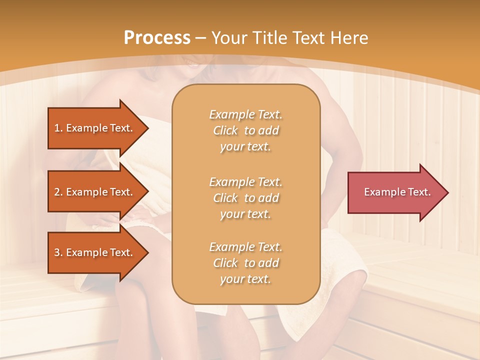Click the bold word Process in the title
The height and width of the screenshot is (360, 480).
point(157,37)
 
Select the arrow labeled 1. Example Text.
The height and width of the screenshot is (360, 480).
point(95,128)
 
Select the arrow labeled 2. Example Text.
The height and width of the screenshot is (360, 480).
point(95,192)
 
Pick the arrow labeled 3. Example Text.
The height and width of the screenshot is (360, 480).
point(95,252)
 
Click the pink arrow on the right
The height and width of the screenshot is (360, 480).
point(395,192)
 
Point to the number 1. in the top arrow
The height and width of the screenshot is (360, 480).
point(58,128)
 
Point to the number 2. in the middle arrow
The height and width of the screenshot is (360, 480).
point(58,192)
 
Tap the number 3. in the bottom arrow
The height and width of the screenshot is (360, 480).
point(58,252)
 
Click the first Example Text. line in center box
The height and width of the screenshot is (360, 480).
point(246,114)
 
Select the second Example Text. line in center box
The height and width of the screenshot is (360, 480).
point(246,181)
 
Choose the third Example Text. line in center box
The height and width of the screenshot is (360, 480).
point(246,246)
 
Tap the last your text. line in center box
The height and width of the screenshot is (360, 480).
point(245,279)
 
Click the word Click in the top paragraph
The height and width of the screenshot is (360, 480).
point(225,130)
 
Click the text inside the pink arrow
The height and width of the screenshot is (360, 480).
point(397,192)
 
